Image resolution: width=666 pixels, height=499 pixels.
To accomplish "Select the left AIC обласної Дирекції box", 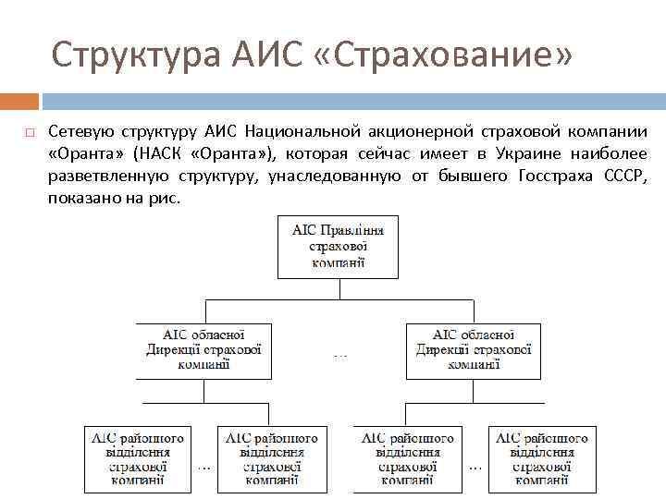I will (x=203, y=350).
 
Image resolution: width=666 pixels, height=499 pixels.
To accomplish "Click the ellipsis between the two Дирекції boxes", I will (x=339, y=354).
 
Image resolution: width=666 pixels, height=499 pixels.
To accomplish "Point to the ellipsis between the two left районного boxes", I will (x=204, y=468).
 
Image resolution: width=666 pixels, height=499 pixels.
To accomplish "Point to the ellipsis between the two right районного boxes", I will (x=475, y=468).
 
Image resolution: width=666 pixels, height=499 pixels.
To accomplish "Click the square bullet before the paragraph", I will (x=30, y=132).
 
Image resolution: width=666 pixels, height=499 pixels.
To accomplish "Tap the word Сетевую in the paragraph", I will (x=83, y=131).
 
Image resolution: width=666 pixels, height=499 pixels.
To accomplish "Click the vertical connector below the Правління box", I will (x=339, y=288).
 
